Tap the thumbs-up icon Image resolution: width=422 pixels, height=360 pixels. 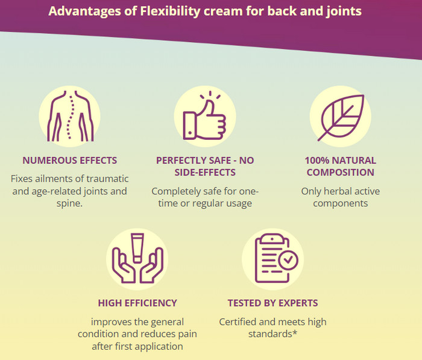(204, 116)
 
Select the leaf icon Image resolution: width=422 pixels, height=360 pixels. (341, 118)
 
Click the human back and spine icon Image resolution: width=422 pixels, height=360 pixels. (71, 116)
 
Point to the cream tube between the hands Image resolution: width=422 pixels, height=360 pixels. (137, 248)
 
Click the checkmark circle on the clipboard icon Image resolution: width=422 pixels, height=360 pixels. (288, 260)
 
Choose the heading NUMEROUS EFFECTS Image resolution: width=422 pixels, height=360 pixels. (70, 160)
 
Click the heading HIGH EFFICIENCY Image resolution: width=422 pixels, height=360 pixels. (137, 303)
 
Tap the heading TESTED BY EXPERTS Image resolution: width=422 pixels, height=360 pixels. (272, 303)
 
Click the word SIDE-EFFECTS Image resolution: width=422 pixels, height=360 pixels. (205, 172)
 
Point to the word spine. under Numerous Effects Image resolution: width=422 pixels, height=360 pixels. (69, 203)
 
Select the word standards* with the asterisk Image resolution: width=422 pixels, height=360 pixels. (272, 334)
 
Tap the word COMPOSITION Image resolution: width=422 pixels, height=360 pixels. (341, 172)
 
